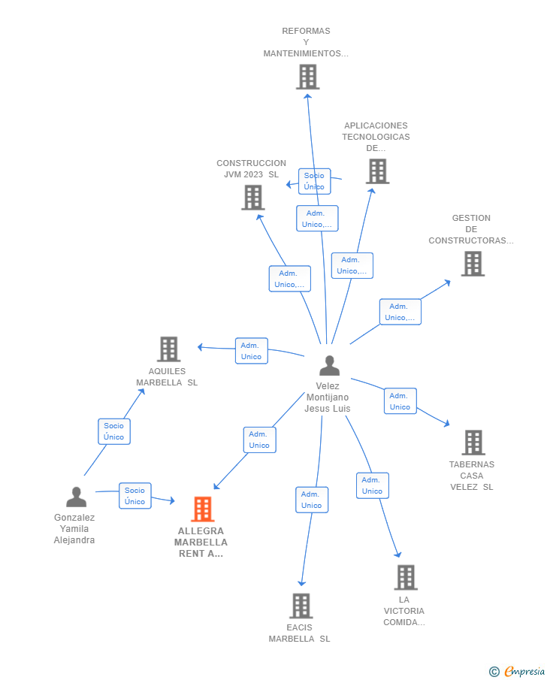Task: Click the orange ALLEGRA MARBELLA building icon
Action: point(203,509)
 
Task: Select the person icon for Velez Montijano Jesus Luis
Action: point(329,366)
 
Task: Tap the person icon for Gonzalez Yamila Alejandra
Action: point(77,497)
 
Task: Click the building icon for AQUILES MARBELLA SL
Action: point(169,349)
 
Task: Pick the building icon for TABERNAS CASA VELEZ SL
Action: point(473,443)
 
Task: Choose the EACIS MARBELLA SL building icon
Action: point(301,606)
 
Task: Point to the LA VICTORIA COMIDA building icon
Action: point(406,577)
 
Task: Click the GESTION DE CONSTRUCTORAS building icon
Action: point(473,264)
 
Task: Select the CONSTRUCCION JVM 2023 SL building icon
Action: point(253,198)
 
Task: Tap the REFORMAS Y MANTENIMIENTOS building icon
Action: point(308,77)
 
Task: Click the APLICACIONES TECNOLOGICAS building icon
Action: point(378,171)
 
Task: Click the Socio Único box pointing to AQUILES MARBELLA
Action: point(114,431)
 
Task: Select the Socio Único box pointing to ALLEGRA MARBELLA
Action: point(135,496)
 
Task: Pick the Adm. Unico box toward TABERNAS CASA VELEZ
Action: point(400,401)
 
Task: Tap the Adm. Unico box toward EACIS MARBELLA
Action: point(312,500)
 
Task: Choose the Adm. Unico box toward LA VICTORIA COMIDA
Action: point(373,485)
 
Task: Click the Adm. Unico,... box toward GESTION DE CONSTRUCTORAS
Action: point(400,312)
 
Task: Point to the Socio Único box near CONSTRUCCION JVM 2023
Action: point(315,181)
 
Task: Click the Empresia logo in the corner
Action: point(518,671)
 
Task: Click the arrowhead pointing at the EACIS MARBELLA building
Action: point(302,583)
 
